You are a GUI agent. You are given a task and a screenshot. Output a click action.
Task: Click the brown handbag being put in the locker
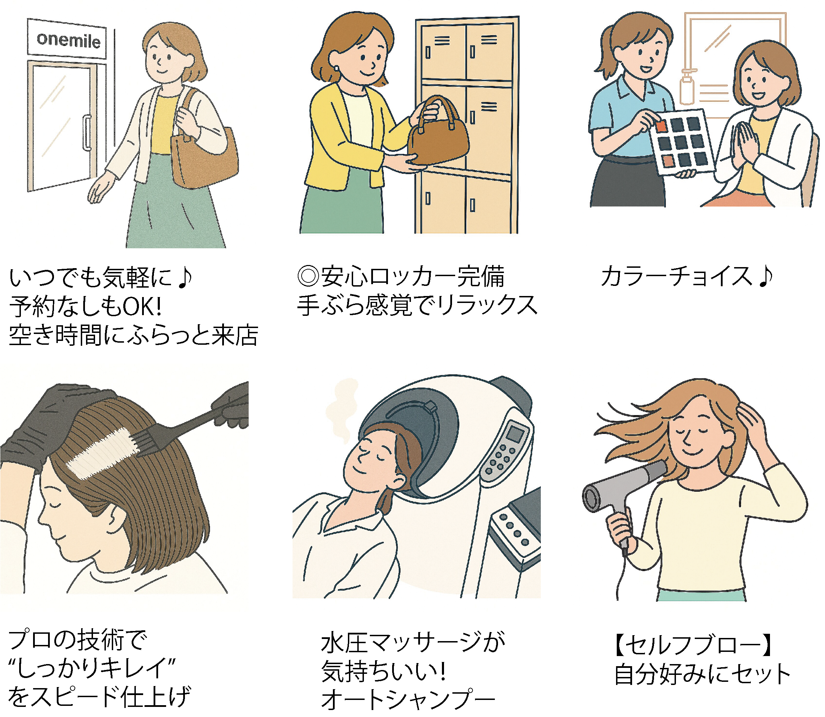[x=438, y=132]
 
